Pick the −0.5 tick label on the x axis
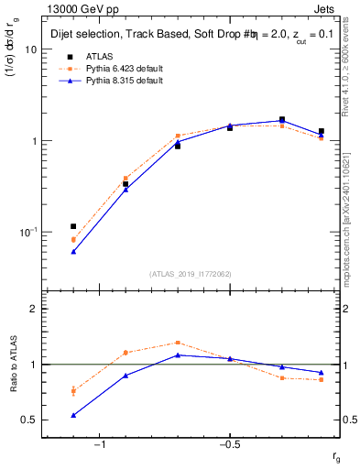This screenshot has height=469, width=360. (x=229, y=445)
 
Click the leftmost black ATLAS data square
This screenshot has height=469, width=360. (x=73, y=226)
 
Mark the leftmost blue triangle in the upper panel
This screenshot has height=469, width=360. (x=73, y=251)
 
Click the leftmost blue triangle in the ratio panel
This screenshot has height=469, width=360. (x=73, y=415)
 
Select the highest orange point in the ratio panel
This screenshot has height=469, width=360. (x=178, y=343)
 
